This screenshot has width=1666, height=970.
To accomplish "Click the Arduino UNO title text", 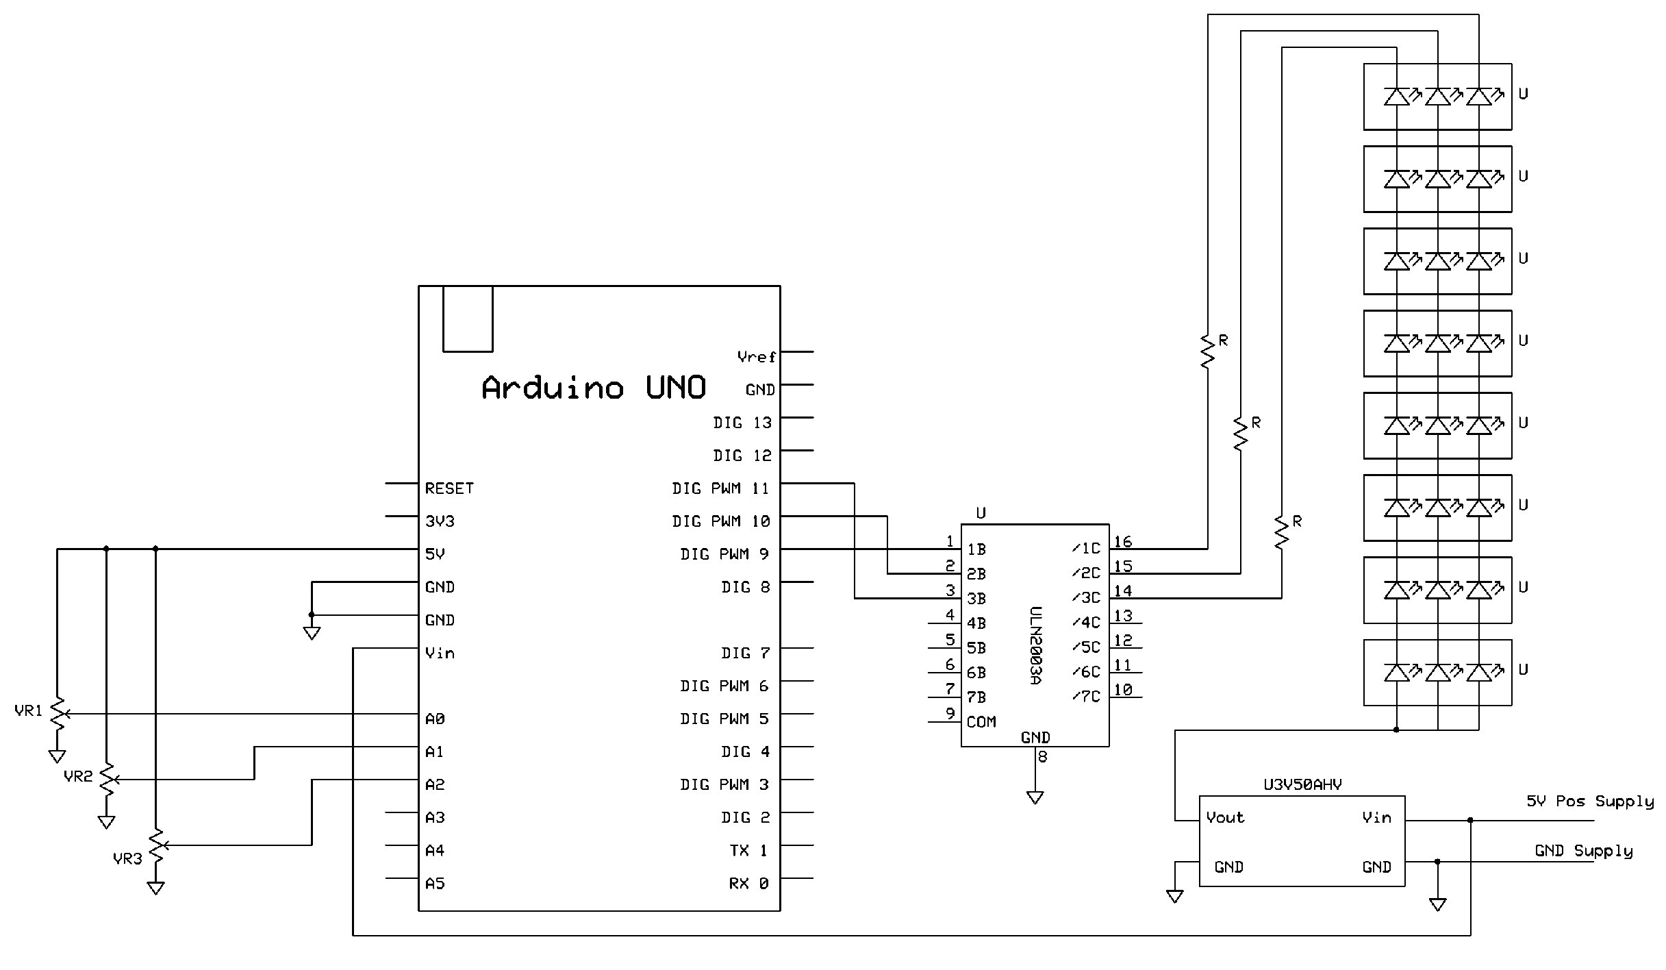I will (x=593, y=388).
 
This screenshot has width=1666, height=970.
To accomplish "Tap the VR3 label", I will (x=127, y=858).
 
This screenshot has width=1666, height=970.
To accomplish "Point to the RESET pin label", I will (x=449, y=488).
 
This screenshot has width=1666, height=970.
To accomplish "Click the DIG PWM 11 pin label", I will (x=720, y=488).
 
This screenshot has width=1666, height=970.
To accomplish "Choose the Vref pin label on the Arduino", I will (x=756, y=357).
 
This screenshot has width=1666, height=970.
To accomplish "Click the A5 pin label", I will (x=435, y=884).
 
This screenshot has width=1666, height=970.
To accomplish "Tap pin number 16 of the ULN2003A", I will (x=1122, y=542).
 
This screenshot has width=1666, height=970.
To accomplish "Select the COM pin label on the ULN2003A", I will (x=981, y=722).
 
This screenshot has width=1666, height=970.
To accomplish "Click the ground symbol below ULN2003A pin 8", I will (x=1035, y=797).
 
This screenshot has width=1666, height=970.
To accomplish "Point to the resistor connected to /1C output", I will (x=1208, y=351).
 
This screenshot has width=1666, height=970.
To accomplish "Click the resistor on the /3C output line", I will (x=1281, y=532).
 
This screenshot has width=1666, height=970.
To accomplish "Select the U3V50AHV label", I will (x=1302, y=785).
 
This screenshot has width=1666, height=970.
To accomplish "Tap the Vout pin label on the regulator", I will (x=1225, y=817).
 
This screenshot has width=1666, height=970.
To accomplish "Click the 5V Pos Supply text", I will (x=1589, y=801).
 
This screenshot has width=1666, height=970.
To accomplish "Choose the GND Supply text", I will (x=1583, y=851).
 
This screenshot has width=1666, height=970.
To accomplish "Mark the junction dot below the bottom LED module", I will (x=1396, y=730).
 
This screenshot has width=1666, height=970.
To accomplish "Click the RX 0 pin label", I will (x=748, y=884).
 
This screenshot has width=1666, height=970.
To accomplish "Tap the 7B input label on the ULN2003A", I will (x=976, y=697).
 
